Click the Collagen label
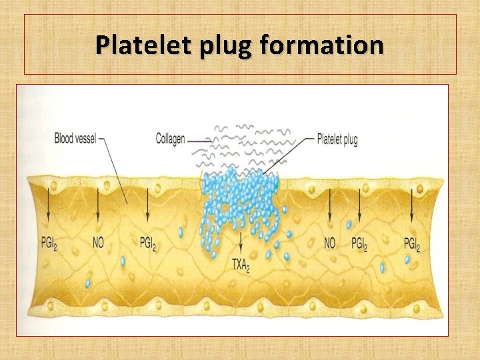coord(170,139)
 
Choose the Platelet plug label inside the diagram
coord(337,139)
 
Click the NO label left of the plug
coord(98,243)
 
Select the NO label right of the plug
coord(329,243)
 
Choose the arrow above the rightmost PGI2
coord(412,207)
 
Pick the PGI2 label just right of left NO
coord(148,243)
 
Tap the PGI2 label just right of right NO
coord(359,243)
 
